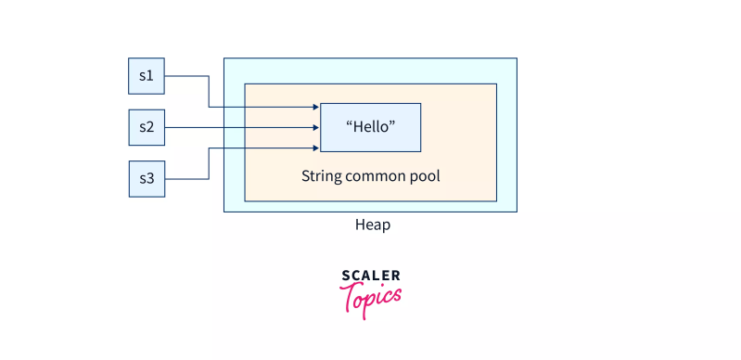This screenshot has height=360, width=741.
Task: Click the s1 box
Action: (x=146, y=76)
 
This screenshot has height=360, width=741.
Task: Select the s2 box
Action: (x=146, y=127)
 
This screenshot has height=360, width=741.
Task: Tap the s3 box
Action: (x=146, y=178)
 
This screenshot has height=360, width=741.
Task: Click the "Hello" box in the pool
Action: (x=370, y=127)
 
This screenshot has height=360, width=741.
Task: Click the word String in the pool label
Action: (x=320, y=174)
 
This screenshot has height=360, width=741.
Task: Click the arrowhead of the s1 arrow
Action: (x=316, y=107)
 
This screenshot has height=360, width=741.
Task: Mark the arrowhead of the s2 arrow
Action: (x=316, y=127)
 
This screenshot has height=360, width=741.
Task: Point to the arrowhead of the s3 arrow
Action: (x=316, y=148)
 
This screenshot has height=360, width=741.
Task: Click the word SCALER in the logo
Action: (x=371, y=276)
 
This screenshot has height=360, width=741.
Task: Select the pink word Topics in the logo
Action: (x=372, y=299)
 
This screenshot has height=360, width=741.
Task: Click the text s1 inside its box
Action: (x=146, y=76)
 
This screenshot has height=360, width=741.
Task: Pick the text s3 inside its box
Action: (x=146, y=178)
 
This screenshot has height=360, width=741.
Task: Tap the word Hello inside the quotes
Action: (x=370, y=127)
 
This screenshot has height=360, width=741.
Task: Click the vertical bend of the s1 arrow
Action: (x=208, y=91)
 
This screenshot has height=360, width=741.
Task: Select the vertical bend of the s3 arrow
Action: (x=208, y=163)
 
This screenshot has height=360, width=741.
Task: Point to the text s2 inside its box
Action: (x=146, y=127)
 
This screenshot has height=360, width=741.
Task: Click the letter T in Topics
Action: (x=350, y=297)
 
